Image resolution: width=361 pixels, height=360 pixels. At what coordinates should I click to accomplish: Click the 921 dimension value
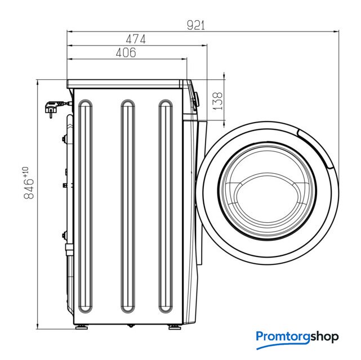pos(195,25)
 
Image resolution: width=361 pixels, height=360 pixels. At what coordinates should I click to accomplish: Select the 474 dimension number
pos(136,39)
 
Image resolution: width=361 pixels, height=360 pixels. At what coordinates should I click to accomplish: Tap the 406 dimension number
pos(126,53)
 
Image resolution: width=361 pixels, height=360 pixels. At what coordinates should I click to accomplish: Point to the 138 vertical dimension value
pos(217,101)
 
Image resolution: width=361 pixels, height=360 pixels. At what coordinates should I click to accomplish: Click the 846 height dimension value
pos(29,189)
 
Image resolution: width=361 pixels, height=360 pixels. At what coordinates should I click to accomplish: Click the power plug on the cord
pos(54,109)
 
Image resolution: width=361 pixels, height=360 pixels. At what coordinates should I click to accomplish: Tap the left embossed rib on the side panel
pos(86,206)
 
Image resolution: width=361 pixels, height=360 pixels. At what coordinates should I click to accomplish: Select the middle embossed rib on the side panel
pos(128,206)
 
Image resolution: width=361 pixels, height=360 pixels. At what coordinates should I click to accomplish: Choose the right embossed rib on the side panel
pos(166,206)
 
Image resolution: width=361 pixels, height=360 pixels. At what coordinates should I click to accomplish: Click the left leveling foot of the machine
pos(82,327)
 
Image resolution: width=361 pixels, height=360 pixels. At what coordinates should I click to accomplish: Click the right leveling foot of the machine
pos(175,327)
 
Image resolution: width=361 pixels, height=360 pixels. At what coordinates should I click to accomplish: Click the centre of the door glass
pos(267,191)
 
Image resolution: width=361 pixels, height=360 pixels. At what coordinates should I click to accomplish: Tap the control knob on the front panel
pos(196,100)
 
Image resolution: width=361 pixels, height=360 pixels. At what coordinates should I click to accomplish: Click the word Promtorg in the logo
pos(283,337)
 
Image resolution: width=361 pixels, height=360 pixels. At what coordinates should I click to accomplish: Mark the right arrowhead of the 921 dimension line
pos(336,31)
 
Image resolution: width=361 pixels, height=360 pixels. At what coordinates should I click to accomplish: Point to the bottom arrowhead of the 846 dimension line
pos(37,326)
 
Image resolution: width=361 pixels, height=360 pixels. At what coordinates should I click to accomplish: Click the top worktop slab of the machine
pos(124,84)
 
